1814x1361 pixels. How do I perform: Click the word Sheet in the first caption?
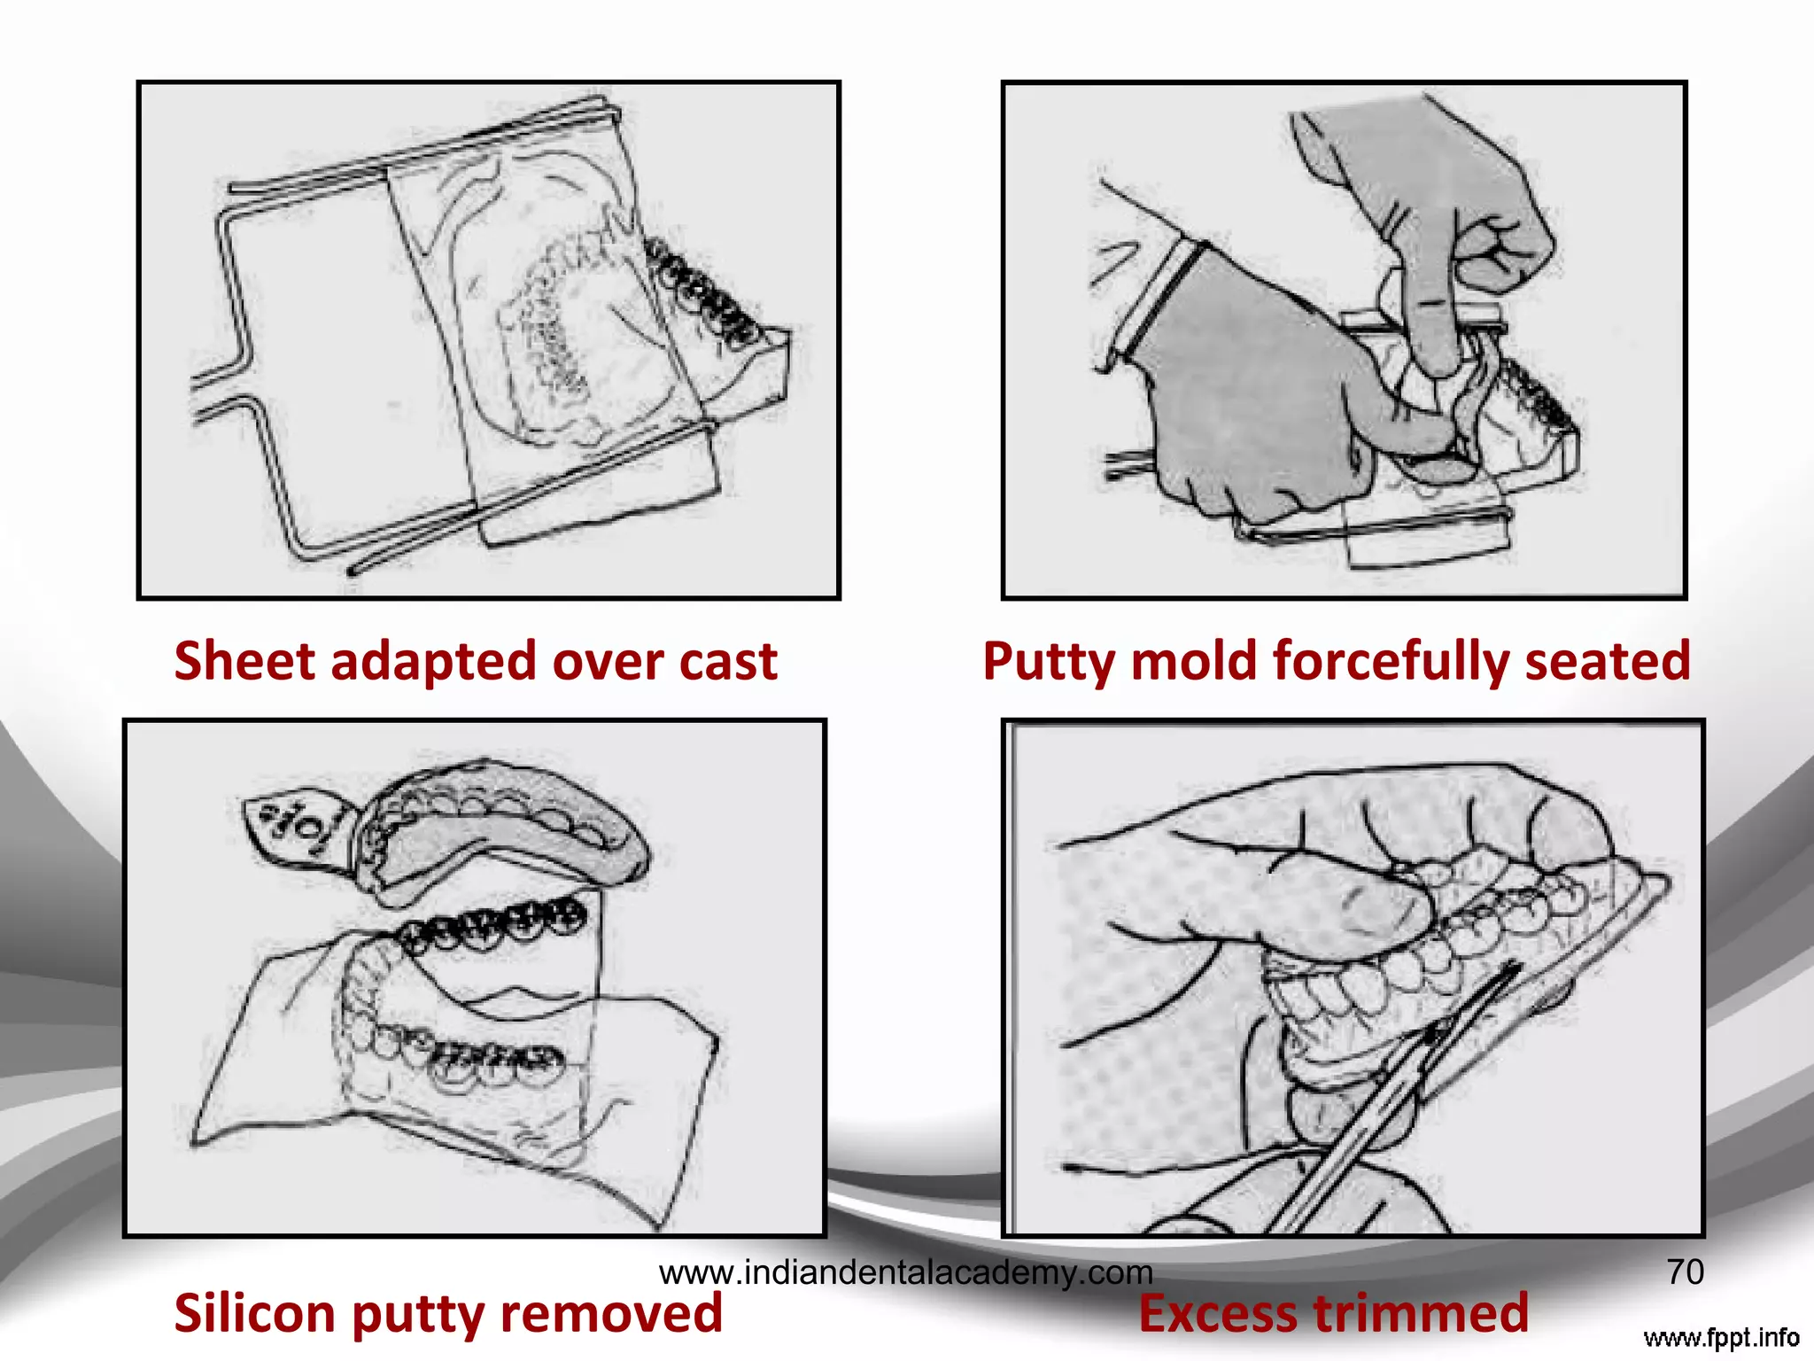click(244, 661)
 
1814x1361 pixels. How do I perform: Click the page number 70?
click(1685, 1272)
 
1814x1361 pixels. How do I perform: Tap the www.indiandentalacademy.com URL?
click(905, 1273)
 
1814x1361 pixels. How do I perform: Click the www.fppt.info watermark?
click(1721, 1337)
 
